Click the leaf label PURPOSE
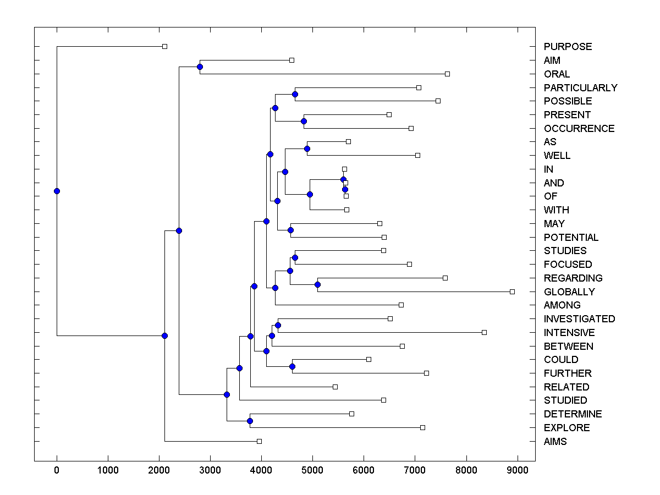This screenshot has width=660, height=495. click(568, 47)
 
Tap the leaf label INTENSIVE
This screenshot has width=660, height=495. click(569, 333)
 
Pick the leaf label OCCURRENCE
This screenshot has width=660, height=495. click(579, 129)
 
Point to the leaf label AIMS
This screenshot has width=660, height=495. click(555, 442)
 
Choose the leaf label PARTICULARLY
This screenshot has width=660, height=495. click(580, 88)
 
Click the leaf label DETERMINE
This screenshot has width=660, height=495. click(573, 414)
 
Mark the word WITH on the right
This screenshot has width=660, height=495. click(556, 210)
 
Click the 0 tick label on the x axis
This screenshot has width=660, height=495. click(57, 470)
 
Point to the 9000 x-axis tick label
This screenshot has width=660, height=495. click(518, 470)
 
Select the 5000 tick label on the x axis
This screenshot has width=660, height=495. click(312, 470)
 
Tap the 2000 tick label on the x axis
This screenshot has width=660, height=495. click(159, 470)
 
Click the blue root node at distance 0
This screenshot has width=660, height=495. click(57, 191)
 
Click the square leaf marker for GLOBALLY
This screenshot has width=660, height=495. click(512, 291)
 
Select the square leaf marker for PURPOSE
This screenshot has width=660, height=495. click(164, 46)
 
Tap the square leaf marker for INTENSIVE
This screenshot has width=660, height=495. click(484, 332)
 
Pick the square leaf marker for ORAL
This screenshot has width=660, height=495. click(447, 74)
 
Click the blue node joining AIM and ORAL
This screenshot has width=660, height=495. click(200, 67)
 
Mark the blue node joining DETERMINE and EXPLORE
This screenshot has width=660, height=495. click(250, 421)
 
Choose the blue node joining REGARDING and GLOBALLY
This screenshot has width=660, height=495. click(317, 284)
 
